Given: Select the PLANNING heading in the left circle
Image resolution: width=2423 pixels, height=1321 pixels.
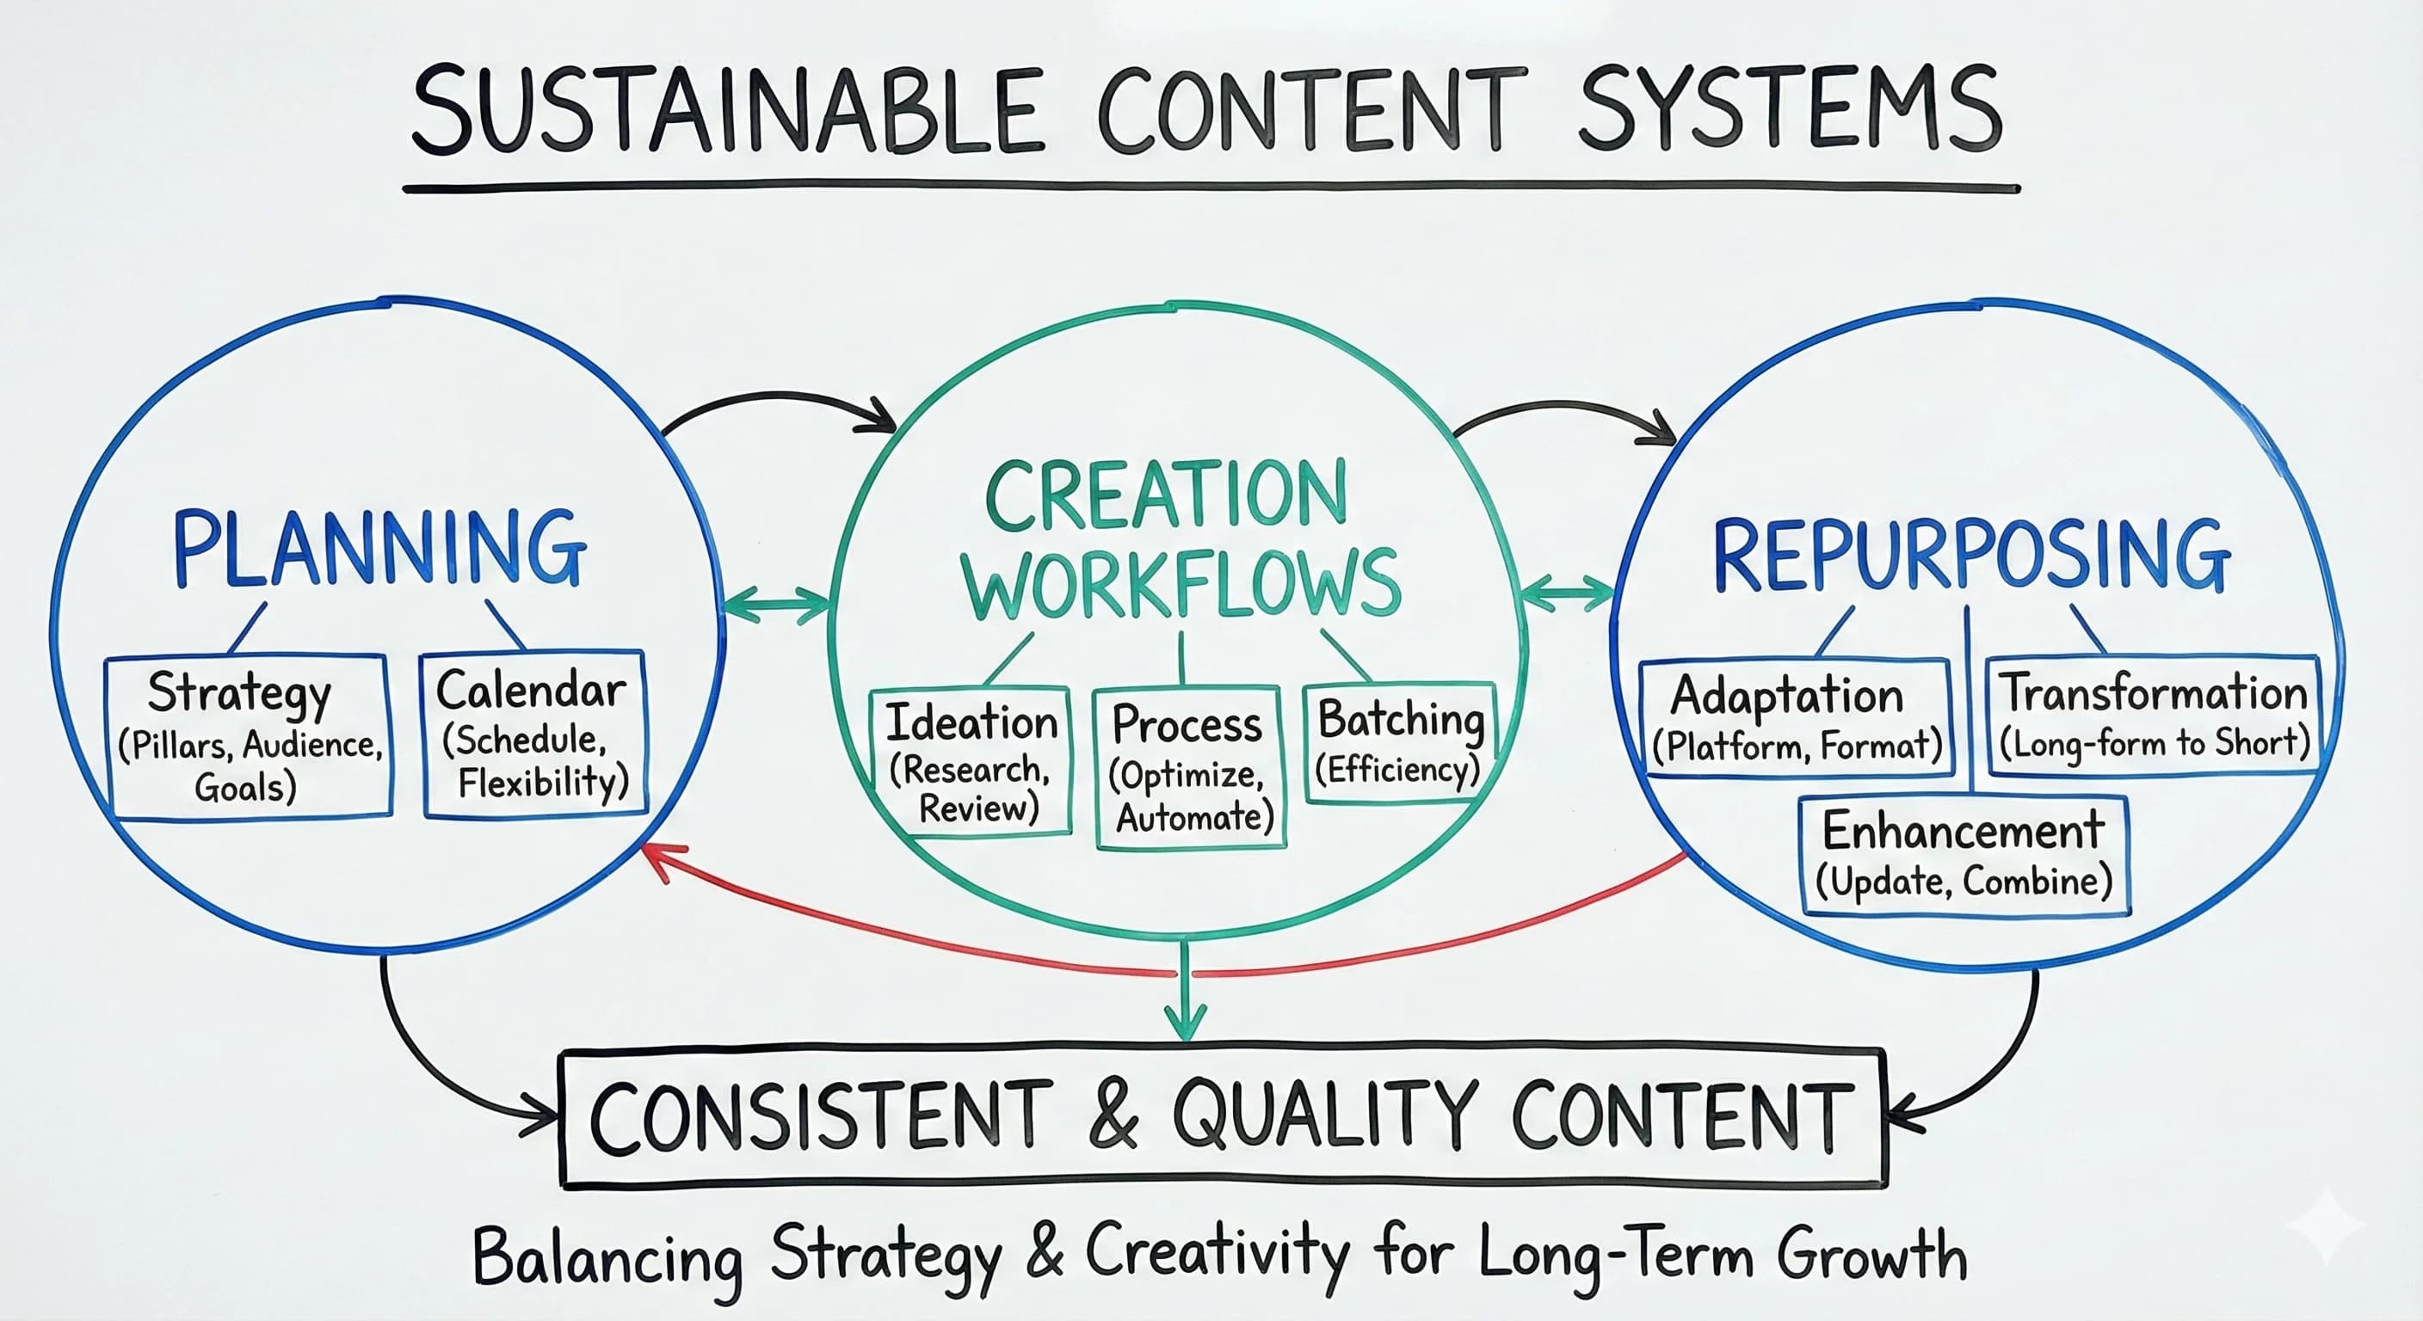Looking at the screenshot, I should (x=379, y=550).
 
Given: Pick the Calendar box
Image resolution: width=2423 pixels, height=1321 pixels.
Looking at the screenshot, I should (x=534, y=734).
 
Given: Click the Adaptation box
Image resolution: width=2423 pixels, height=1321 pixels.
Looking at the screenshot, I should (x=1796, y=717).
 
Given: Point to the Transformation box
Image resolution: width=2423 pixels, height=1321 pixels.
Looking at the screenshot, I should (x=2152, y=716).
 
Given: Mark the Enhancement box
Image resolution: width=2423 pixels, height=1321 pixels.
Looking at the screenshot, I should (x=1964, y=855).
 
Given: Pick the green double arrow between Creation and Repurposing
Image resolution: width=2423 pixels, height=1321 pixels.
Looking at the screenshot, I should (x=1566, y=593).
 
